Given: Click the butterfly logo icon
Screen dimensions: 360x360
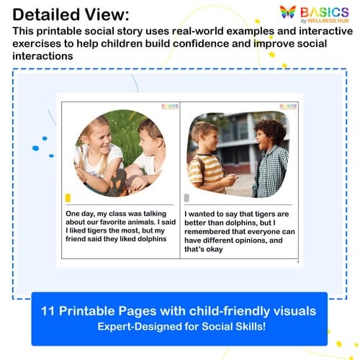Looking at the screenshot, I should (287, 13).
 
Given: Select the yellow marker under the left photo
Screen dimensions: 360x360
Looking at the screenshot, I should (68, 197).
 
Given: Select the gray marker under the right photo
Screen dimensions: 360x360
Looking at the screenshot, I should (187, 198).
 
